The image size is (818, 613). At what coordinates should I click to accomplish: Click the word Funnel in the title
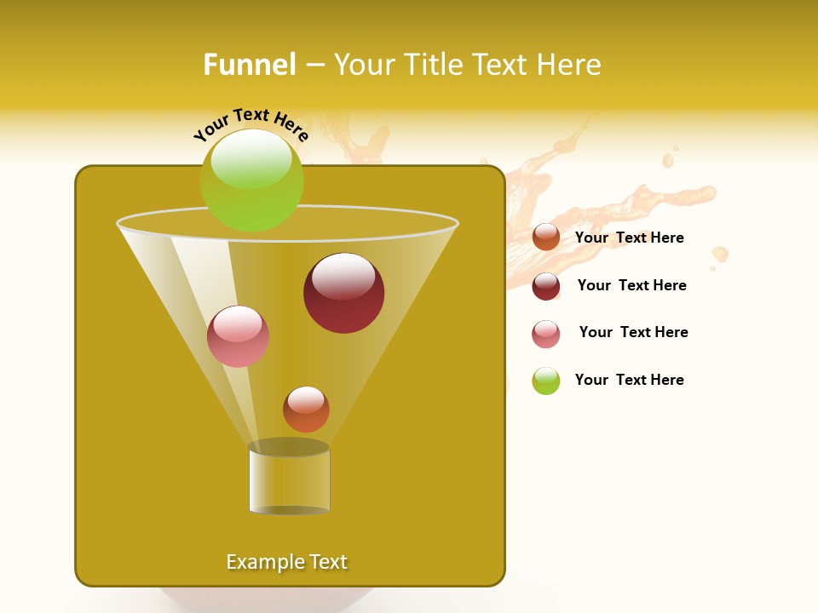249,65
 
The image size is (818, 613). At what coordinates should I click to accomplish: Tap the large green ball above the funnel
251,180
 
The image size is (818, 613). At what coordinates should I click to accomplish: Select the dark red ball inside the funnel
343,294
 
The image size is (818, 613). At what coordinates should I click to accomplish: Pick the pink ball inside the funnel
238,336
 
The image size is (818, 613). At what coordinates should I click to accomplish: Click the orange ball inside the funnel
306,410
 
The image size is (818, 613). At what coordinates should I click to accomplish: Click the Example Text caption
286,562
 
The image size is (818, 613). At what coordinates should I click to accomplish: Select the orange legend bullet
546,238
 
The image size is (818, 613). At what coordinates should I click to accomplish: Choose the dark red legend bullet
546,286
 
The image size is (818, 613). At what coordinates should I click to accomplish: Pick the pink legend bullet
546,334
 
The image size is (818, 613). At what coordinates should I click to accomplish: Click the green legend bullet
546,381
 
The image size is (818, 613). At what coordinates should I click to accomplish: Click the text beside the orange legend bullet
629,238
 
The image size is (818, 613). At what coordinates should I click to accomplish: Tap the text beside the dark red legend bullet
631,285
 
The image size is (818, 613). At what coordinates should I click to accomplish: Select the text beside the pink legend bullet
633,332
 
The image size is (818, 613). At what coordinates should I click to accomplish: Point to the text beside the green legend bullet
629,380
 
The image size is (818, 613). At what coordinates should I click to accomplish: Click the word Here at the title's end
569,65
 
